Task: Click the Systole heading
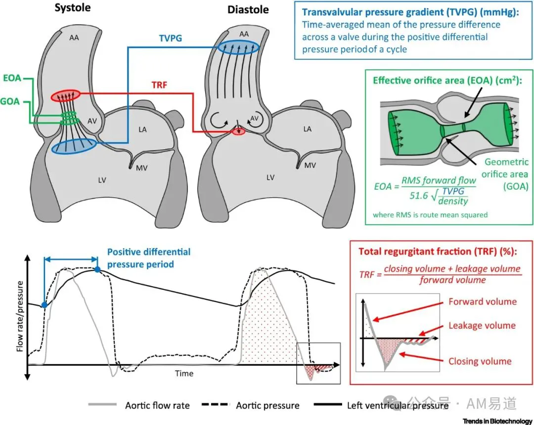pos(73,8)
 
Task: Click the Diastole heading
pos(248,9)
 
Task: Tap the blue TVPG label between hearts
pos(171,38)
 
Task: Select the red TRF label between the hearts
pos(159,85)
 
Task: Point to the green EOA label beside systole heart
pos(12,78)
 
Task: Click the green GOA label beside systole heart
pos(10,101)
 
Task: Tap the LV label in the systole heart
pos(102,180)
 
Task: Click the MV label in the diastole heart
pos(310,166)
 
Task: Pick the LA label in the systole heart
pos(142,129)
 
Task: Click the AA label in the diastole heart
pos(244,34)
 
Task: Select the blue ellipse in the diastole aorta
pos(238,47)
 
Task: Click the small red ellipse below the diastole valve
pos(239,131)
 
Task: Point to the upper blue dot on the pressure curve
pos(97,269)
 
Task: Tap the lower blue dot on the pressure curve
pos(44,305)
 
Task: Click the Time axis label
pos(184,374)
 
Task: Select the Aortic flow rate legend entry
pos(139,405)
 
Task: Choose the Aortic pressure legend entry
pos(251,405)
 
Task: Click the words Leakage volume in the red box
pos(482,326)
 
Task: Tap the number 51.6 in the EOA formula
pos(419,196)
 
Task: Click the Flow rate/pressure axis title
pos(20,316)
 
